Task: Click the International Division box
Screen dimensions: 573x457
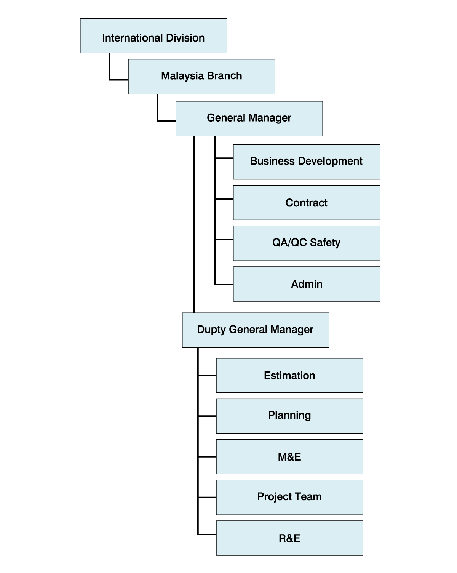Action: click(153, 36)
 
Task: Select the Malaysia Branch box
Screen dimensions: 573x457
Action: click(201, 77)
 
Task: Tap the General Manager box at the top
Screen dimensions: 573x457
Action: click(249, 118)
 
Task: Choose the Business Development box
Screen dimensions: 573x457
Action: click(306, 162)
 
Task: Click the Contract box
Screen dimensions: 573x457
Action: click(306, 203)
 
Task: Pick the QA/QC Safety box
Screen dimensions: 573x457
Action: click(306, 243)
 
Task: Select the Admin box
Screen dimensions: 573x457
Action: click(306, 284)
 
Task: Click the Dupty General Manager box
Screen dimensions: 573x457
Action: click(255, 330)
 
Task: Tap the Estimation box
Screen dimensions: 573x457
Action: click(289, 375)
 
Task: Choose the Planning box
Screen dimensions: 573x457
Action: click(289, 416)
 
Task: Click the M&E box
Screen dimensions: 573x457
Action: click(289, 457)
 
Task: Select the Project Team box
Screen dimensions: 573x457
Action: click(289, 497)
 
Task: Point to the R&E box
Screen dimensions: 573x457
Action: click(289, 538)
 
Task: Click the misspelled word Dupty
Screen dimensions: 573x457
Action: click(211, 330)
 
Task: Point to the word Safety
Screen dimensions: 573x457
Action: click(325, 243)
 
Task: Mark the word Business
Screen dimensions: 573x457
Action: click(272, 161)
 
